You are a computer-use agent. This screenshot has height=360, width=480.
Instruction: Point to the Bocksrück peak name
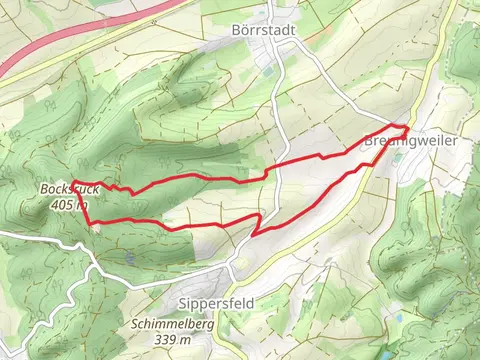click(65, 189)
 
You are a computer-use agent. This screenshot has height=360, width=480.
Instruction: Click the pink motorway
click(60, 55)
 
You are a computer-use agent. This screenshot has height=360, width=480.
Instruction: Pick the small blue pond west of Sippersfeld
click(130, 259)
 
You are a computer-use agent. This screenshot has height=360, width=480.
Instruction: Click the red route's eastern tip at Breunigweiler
click(408, 127)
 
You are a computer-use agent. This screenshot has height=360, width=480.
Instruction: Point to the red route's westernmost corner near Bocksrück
click(73, 182)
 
